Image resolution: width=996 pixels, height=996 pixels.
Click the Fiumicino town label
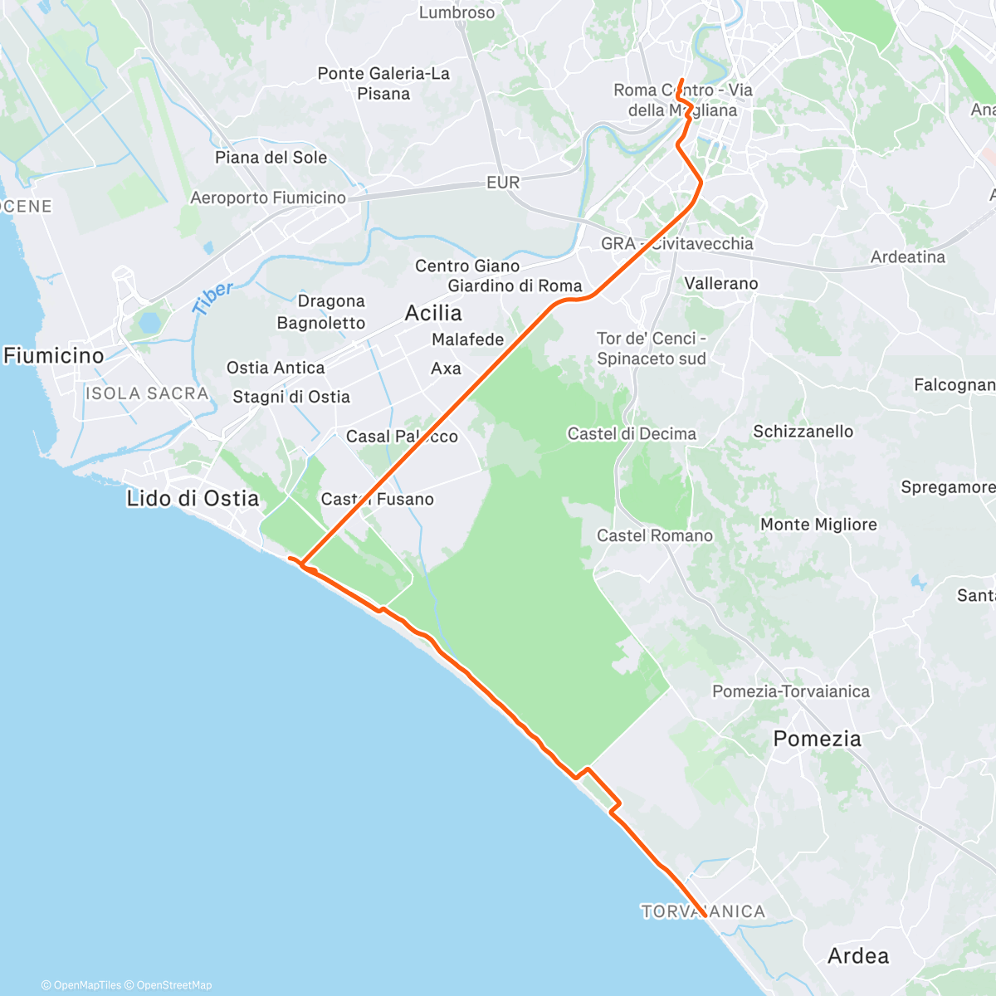coord(54,356)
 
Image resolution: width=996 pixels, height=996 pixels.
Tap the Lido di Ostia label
coord(193,498)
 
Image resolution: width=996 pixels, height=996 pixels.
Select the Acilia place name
coord(433,313)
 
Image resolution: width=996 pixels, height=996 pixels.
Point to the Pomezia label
coord(817,739)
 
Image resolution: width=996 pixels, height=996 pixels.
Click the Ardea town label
coord(858,955)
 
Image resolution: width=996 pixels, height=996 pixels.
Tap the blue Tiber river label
coord(213,298)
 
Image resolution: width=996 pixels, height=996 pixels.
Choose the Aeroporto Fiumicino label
coord(268,198)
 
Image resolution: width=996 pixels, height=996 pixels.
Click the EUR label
coord(503,183)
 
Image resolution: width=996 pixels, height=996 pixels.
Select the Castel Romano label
coord(655,535)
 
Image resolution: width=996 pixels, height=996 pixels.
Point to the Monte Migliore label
coord(818,525)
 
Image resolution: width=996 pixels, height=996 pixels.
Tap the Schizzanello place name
coord(803,432)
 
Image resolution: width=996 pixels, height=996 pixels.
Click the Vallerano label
coord(721,284)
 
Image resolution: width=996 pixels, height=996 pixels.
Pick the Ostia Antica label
coord(276,368)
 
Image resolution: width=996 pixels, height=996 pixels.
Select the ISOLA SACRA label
coord(147,393)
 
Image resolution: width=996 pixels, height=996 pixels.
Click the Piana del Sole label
coord(271,158)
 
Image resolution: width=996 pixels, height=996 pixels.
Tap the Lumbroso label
coord(456,12)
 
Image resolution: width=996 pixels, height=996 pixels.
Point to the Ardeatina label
coord(908,257)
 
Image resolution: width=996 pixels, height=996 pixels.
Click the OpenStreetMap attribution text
coord(173,985)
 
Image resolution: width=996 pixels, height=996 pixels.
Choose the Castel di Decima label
coord(632,433)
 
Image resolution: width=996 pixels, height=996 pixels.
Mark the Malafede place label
coord(468,339)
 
